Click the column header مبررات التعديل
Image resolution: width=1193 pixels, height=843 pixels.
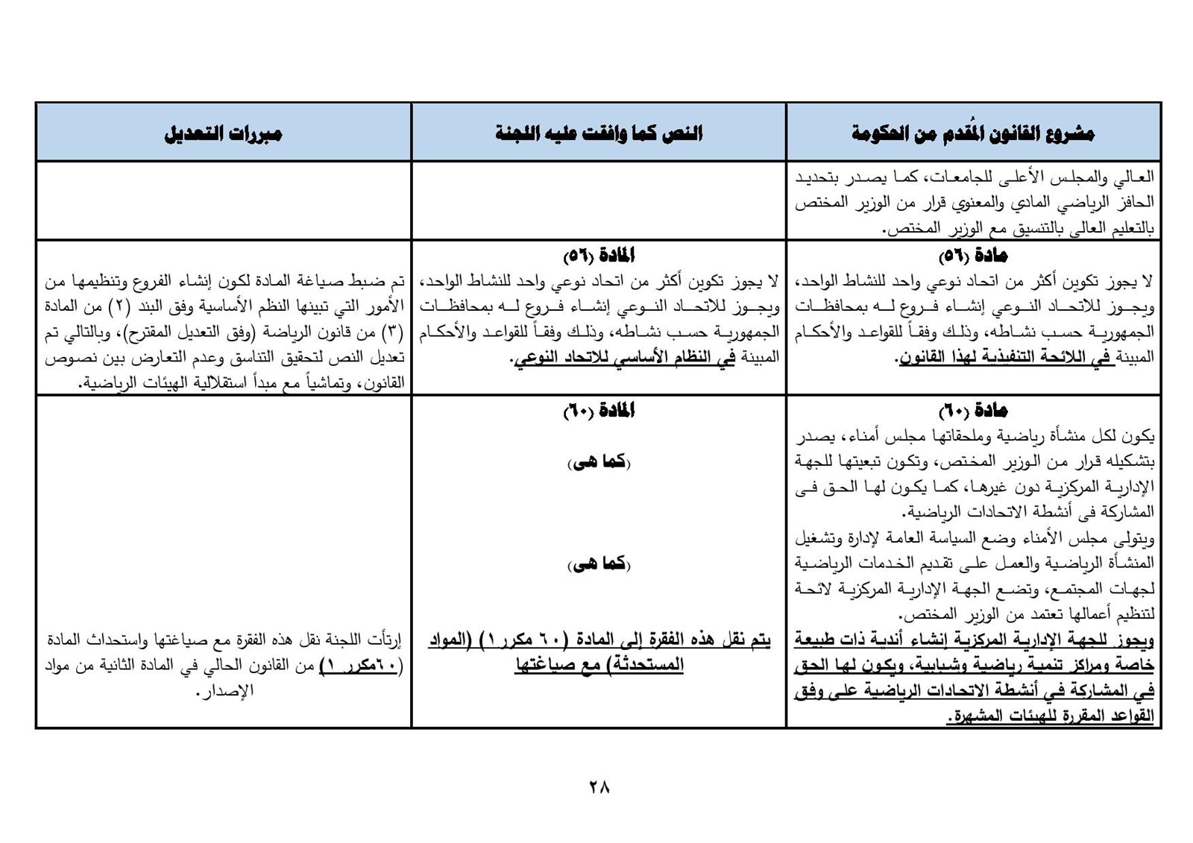pos(223,134)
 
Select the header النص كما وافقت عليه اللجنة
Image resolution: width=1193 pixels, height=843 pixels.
pos(599,134)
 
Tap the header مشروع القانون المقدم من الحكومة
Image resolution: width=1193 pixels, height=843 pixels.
pos(973,134)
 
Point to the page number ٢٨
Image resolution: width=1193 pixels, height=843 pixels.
pos(599,786)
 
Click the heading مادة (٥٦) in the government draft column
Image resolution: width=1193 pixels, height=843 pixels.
pos(973,256)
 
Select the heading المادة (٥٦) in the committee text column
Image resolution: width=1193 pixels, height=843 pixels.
pos(599,256)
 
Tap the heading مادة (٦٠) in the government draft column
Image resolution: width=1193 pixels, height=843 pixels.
pos(973,411)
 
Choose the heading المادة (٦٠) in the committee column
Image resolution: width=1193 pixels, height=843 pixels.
pos(599,411)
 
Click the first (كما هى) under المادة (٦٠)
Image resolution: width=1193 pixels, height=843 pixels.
pos(599,463)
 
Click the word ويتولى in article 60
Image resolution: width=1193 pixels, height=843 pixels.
pos(1137,537)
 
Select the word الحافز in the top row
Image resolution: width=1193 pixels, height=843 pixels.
pos(1136,203)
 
